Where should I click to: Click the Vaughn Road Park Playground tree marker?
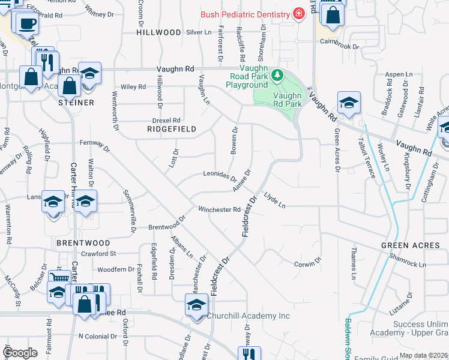click(277, 75)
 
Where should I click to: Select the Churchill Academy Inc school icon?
click(196, 306)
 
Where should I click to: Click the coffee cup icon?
click(26, 23)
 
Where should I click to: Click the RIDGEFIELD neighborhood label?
click(164, 129)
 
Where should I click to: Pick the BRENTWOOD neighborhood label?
click(83, 243)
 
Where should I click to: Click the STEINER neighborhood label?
click(76, 103)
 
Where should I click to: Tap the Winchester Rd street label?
click(220, 209)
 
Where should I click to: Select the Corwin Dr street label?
click(308, 263)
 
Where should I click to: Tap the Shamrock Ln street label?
click(406, 262)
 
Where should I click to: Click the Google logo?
click(20, 353)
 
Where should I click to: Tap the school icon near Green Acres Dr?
click(348, 103)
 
